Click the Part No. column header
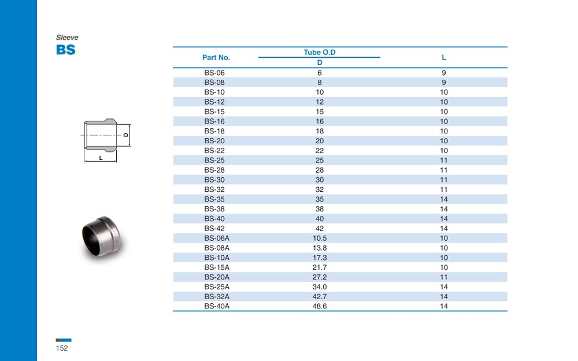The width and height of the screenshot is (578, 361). (x=216, y=57)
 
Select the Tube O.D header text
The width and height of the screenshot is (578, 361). (x=320, y=53)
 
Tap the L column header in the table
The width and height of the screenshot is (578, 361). (x=444, y=57)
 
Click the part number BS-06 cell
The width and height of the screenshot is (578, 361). (x=214, y=73)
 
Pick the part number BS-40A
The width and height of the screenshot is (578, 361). (x=217, y=306)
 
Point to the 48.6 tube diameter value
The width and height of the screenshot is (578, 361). (x=320, y=306)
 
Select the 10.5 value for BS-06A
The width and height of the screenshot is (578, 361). (x=320, y=239)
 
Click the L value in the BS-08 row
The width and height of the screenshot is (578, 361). (x=444, y=83)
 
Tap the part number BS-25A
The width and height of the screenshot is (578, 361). (x=217, y=287)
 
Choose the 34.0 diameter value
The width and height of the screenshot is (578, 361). (x=320, y=287)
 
